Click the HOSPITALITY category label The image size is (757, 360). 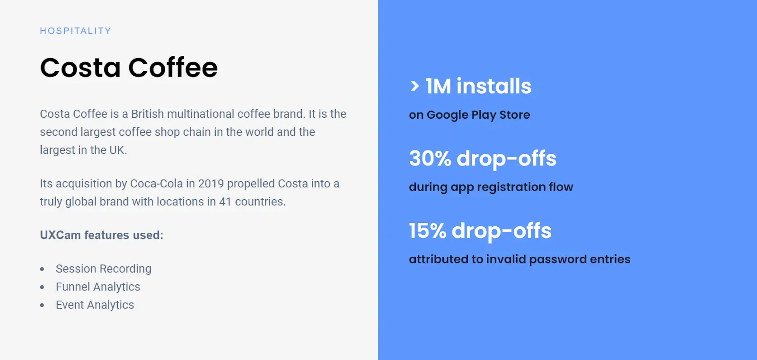[x=75, y=31]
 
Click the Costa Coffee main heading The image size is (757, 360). [x=129, y=68]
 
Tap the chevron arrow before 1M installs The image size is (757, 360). [x=414, y=86]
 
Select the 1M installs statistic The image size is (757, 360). [x=478, y=86]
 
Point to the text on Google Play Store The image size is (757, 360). [x=469, y=115]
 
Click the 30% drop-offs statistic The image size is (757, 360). [x=483, y=158]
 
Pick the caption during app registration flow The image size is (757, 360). [x=491, y=187]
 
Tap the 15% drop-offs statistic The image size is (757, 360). [x=480, y=231]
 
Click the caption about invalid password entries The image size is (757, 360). [x=520, y=259]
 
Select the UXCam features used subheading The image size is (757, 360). [x=102, y=235]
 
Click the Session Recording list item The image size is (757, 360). [x=104, y=269]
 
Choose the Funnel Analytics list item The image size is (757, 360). [x=98, y=287]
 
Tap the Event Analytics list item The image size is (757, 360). [x=95, y=305]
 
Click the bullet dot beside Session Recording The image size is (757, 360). [x=42, y=269]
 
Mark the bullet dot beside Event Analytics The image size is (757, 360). [x=42, y=305]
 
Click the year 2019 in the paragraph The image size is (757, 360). [x=211, y=184]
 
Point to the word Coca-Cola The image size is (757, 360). [x=157, y=184]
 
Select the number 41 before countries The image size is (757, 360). [x=225, y=202]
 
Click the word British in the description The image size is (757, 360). [x=147, y=114]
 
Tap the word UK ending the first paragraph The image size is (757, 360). [x=117, y=150]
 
